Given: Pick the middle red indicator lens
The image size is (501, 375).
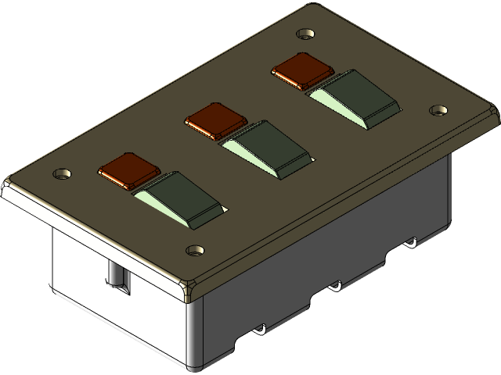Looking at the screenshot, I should (x=215, y=119).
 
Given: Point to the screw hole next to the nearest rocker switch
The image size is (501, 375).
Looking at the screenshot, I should (x=194, y=251).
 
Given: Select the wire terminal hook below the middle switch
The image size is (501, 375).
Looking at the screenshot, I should (x=335, y=286).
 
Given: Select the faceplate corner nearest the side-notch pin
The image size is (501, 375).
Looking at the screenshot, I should (x=9, y=187).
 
